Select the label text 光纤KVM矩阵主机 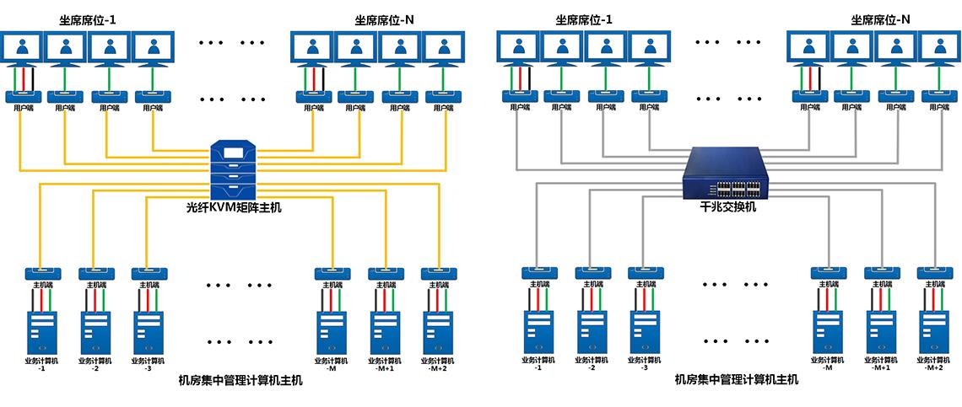(234, 206)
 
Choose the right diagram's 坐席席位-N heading (881, 19)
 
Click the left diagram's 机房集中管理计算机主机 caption (240, 380)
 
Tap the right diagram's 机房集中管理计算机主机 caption (737, 380)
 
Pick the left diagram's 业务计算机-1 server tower (42, 332)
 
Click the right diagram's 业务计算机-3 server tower (645, 332)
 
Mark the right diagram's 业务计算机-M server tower (828, 332)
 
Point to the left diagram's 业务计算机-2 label (95, 364)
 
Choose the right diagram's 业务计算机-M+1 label (881, 364)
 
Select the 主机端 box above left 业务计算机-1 (42, 274)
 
